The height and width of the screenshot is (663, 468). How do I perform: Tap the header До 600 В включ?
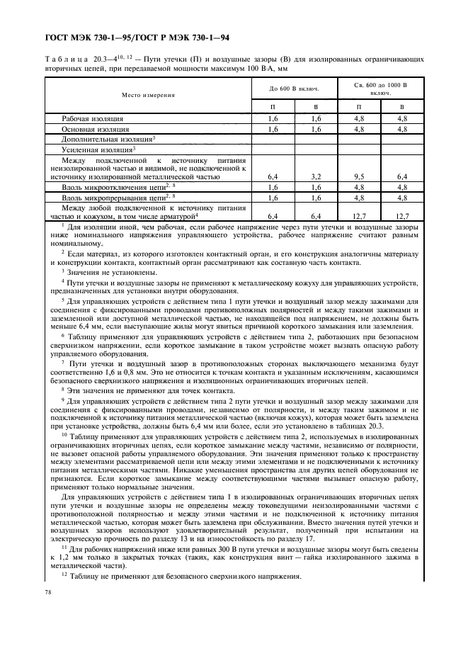click(293, 89)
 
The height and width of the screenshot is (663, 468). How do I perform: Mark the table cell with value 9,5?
click(358, 176)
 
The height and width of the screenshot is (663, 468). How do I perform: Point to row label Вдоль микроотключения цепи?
click(114, 187)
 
